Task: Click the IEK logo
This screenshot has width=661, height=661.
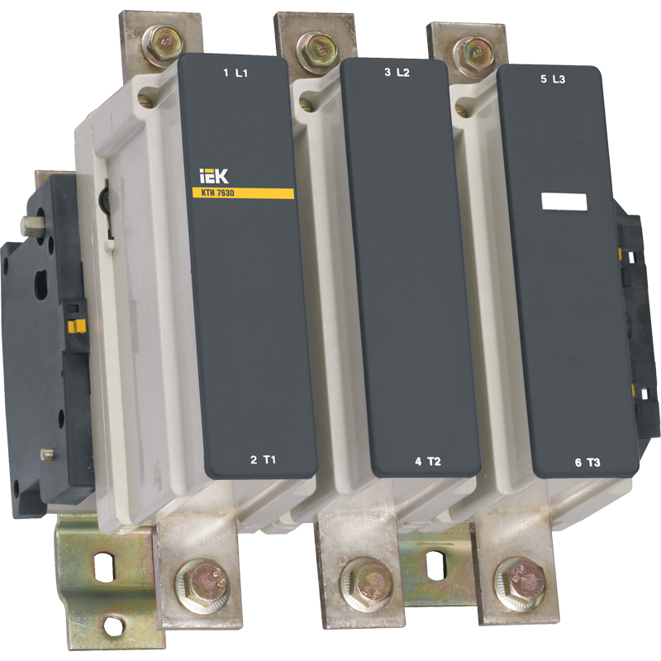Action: coord(213,176)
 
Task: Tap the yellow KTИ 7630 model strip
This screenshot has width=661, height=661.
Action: coord(242,193)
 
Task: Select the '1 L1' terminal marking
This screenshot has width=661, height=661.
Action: coord(235,74)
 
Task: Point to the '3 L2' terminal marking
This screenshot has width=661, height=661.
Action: coord(397,73)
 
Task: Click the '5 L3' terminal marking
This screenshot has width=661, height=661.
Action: coord(553,79)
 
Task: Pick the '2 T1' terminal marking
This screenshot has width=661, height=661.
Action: coord(263,459)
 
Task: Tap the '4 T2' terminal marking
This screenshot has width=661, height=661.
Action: coord(428,462)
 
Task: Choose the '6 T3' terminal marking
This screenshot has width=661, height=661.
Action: coord(587,463)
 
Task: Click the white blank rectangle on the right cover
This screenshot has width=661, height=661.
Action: coord(564,202)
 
